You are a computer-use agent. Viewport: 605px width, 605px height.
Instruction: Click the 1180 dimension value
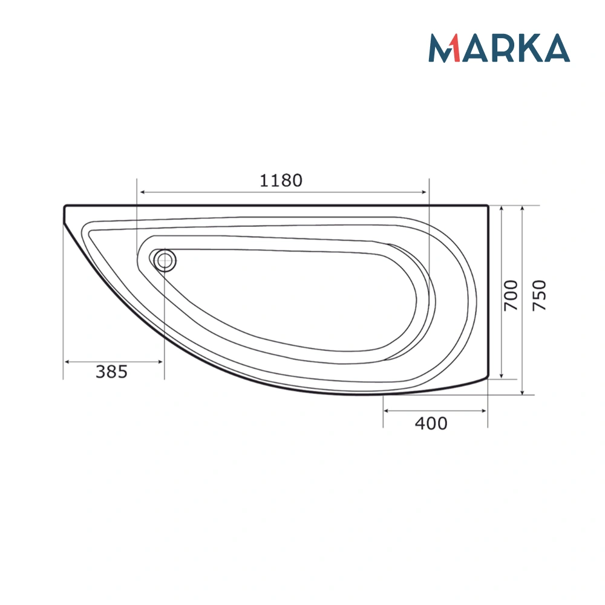[281, 180]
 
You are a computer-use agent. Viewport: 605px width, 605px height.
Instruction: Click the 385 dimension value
[112, 371]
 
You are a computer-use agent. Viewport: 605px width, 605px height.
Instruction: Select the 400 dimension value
[431, 423]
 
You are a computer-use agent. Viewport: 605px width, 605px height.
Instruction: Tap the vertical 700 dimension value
[511, 295]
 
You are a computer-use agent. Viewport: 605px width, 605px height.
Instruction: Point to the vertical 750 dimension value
[539, 295]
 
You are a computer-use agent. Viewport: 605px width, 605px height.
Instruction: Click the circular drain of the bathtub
[164, 261]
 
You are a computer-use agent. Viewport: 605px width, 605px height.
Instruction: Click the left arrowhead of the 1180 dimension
[140, 192]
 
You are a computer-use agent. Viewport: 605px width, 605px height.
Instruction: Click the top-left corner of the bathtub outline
[65, 206]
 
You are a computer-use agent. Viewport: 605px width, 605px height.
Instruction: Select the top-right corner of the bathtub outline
[488, 206]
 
